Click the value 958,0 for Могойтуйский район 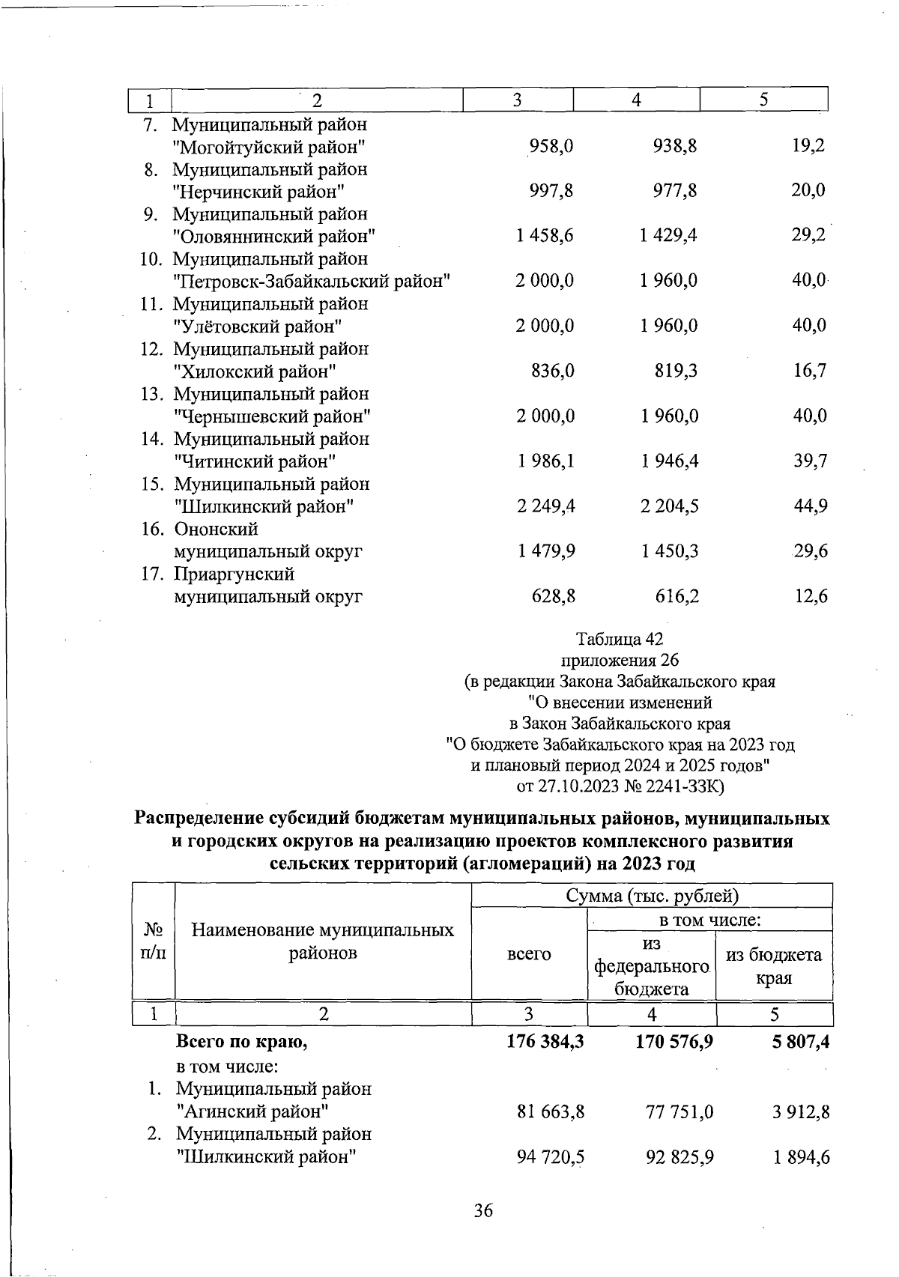coord(551,146)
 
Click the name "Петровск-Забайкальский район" coord(312,281)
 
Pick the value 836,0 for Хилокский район coord(553,371)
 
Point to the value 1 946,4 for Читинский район coord(669,461)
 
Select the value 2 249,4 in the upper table coord(545,506)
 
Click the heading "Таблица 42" coord(620,639)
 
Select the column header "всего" coord(529,953)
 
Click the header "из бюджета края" coord(774,965)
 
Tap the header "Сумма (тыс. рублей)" coord(652,896)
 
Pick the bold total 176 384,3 coord(545,1042)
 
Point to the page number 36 coord(483,1210)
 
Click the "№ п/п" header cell coord(153,941)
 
